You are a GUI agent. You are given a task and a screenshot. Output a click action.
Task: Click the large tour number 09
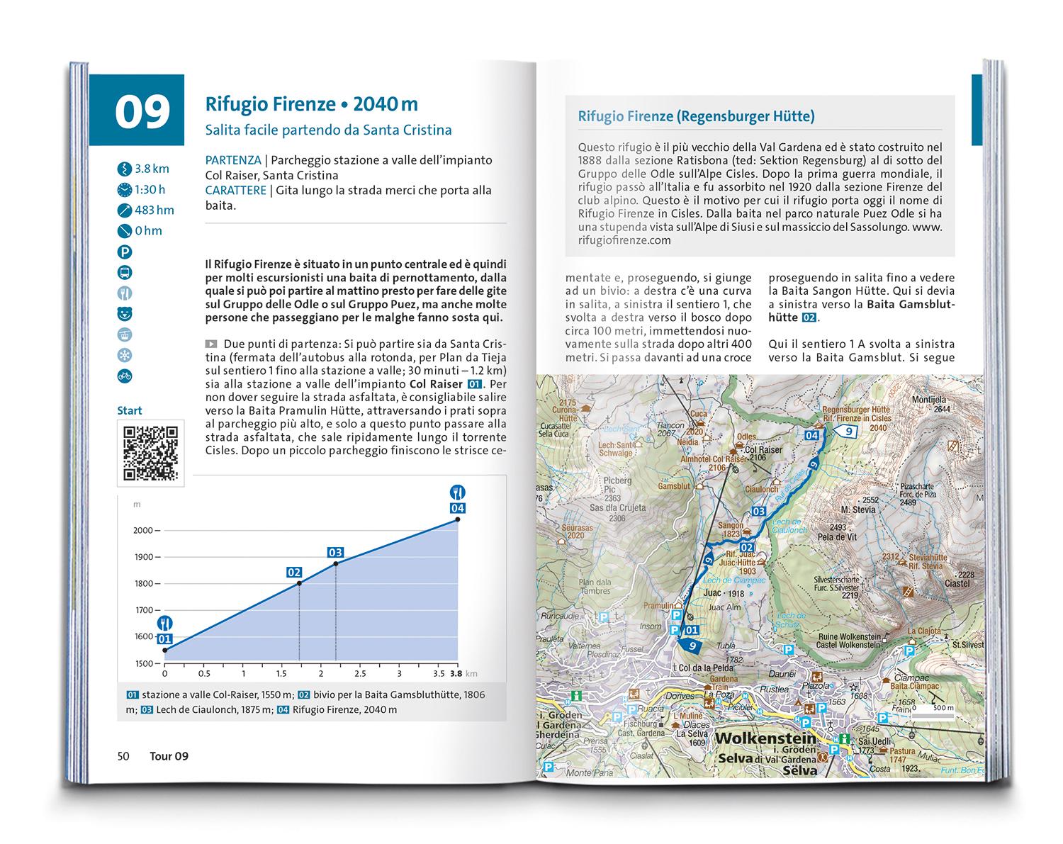[143, 113]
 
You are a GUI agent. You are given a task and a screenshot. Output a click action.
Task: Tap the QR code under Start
[150, 453]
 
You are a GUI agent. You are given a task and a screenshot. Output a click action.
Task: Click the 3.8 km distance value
[152, 169]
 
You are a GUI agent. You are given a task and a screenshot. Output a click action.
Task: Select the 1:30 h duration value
[150, 189]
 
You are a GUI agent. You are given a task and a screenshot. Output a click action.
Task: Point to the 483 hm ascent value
[154, 210]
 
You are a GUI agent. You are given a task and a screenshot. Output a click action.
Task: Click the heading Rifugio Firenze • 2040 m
[311, 104]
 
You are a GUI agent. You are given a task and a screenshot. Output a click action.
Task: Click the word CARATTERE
[235, 190]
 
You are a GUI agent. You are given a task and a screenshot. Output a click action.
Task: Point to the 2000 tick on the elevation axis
[144, 530]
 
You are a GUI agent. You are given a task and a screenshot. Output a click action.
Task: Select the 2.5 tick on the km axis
[359, 674]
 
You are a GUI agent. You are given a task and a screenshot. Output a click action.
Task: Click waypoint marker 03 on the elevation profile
[335, 552]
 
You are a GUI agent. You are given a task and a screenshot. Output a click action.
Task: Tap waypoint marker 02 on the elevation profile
[294, 572]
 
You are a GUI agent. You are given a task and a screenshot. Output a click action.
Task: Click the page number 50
[123, 756]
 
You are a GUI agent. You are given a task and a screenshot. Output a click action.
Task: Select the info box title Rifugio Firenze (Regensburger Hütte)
[696, 116]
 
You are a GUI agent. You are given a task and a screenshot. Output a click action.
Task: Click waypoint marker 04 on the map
[812, 436]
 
